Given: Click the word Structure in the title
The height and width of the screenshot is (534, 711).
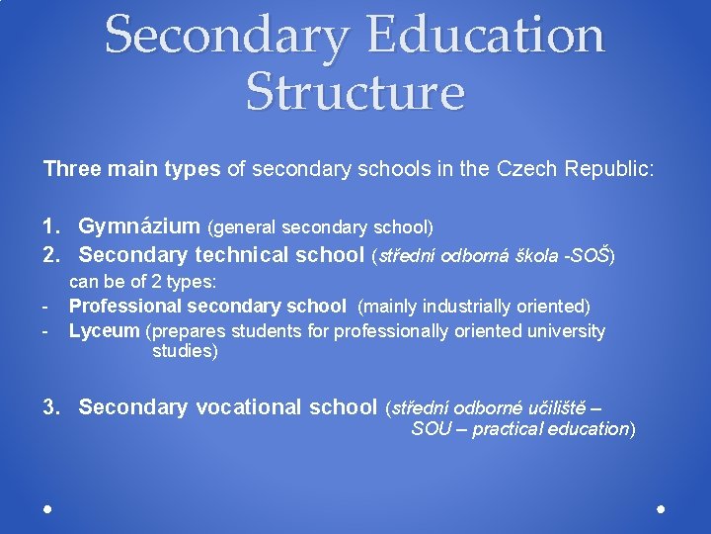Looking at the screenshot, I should tap(355, 91).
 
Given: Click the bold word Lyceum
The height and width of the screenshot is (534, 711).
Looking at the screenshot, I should tap(105, 331).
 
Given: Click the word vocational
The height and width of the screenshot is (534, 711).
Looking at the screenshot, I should tap(249, 406).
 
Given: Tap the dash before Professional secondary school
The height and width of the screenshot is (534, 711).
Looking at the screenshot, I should tap(45, 307).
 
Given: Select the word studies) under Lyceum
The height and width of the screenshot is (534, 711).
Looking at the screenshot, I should tap(185, 351).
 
